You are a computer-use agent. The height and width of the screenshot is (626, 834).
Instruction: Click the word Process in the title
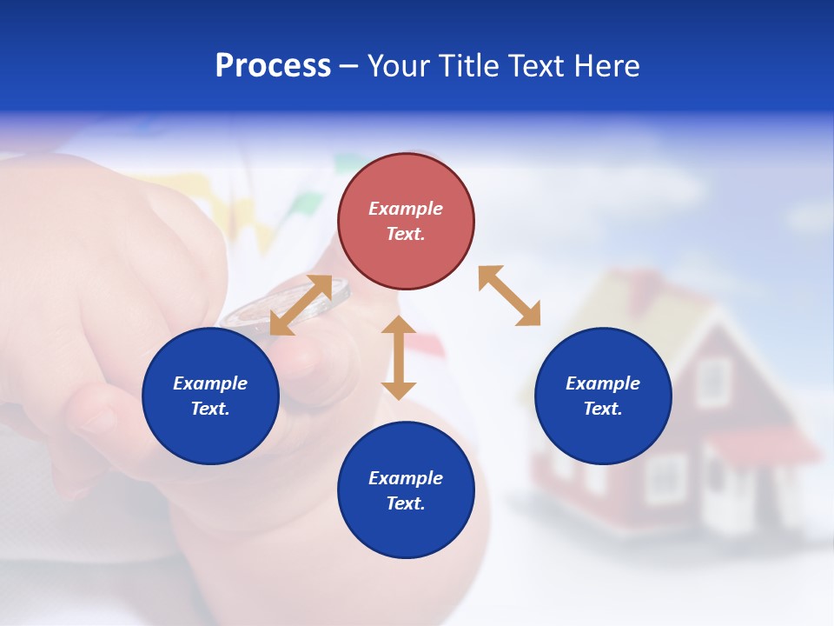coord(273,66)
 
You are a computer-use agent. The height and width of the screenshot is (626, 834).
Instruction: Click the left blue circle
coord(210,396)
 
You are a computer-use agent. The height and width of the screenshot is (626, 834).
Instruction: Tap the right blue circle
coord(603,396)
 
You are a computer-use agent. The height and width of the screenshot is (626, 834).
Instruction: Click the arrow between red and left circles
coord(301,305)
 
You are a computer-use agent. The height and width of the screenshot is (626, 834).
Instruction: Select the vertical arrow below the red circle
coord(399,357)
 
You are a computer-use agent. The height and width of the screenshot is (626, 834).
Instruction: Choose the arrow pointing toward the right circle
coord(509,296)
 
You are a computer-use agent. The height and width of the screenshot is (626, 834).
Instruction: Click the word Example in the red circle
coord(406,209)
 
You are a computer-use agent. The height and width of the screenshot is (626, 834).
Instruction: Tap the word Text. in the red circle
coord(406,234)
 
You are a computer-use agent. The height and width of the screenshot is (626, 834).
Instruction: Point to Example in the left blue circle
coord(210,383)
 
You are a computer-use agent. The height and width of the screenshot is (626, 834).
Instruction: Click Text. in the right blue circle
coord(603,409)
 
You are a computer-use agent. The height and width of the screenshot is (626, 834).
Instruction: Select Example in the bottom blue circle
coord(406,478)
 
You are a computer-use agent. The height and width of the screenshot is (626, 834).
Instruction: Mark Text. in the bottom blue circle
coord(406,503)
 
